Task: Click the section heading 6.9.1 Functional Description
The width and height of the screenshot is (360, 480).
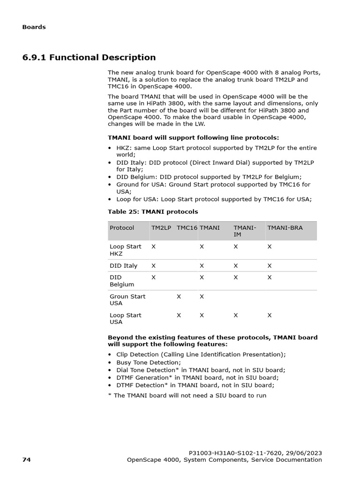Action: click(x=89, y=58)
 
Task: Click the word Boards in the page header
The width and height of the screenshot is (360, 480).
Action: click(x=34, y=27)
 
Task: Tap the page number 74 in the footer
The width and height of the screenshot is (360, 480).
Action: click(x=26, y=460)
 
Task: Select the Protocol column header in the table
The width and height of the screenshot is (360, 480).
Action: click(x=122, y=228)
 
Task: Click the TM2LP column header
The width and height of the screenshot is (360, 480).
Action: click(x=161, y=228)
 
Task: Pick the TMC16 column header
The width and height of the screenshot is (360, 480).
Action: click(x=187, y=228)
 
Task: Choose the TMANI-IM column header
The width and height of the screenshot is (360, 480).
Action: click(x=245, y=231)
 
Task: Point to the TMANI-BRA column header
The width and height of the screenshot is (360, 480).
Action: click(x=285, y=228)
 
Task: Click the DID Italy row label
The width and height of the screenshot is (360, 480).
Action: click(x=123, y=266)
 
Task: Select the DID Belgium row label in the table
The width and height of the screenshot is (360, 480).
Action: click(x=122, y=281)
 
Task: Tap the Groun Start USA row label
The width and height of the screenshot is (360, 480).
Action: click(x=127, y=300)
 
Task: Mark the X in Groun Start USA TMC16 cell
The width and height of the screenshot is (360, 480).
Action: click(x=179, y=297)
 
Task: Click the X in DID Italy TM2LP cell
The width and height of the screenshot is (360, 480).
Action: click(x=153, y=266)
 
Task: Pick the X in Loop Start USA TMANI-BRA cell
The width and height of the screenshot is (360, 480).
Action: click(x=270, y=315)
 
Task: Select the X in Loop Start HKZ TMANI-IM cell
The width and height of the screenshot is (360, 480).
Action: click(x=236, y=247)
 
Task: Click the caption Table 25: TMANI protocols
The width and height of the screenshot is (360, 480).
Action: click(x=153, y=212)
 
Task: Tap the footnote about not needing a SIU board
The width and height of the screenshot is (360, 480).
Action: click(x=187, y=395)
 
